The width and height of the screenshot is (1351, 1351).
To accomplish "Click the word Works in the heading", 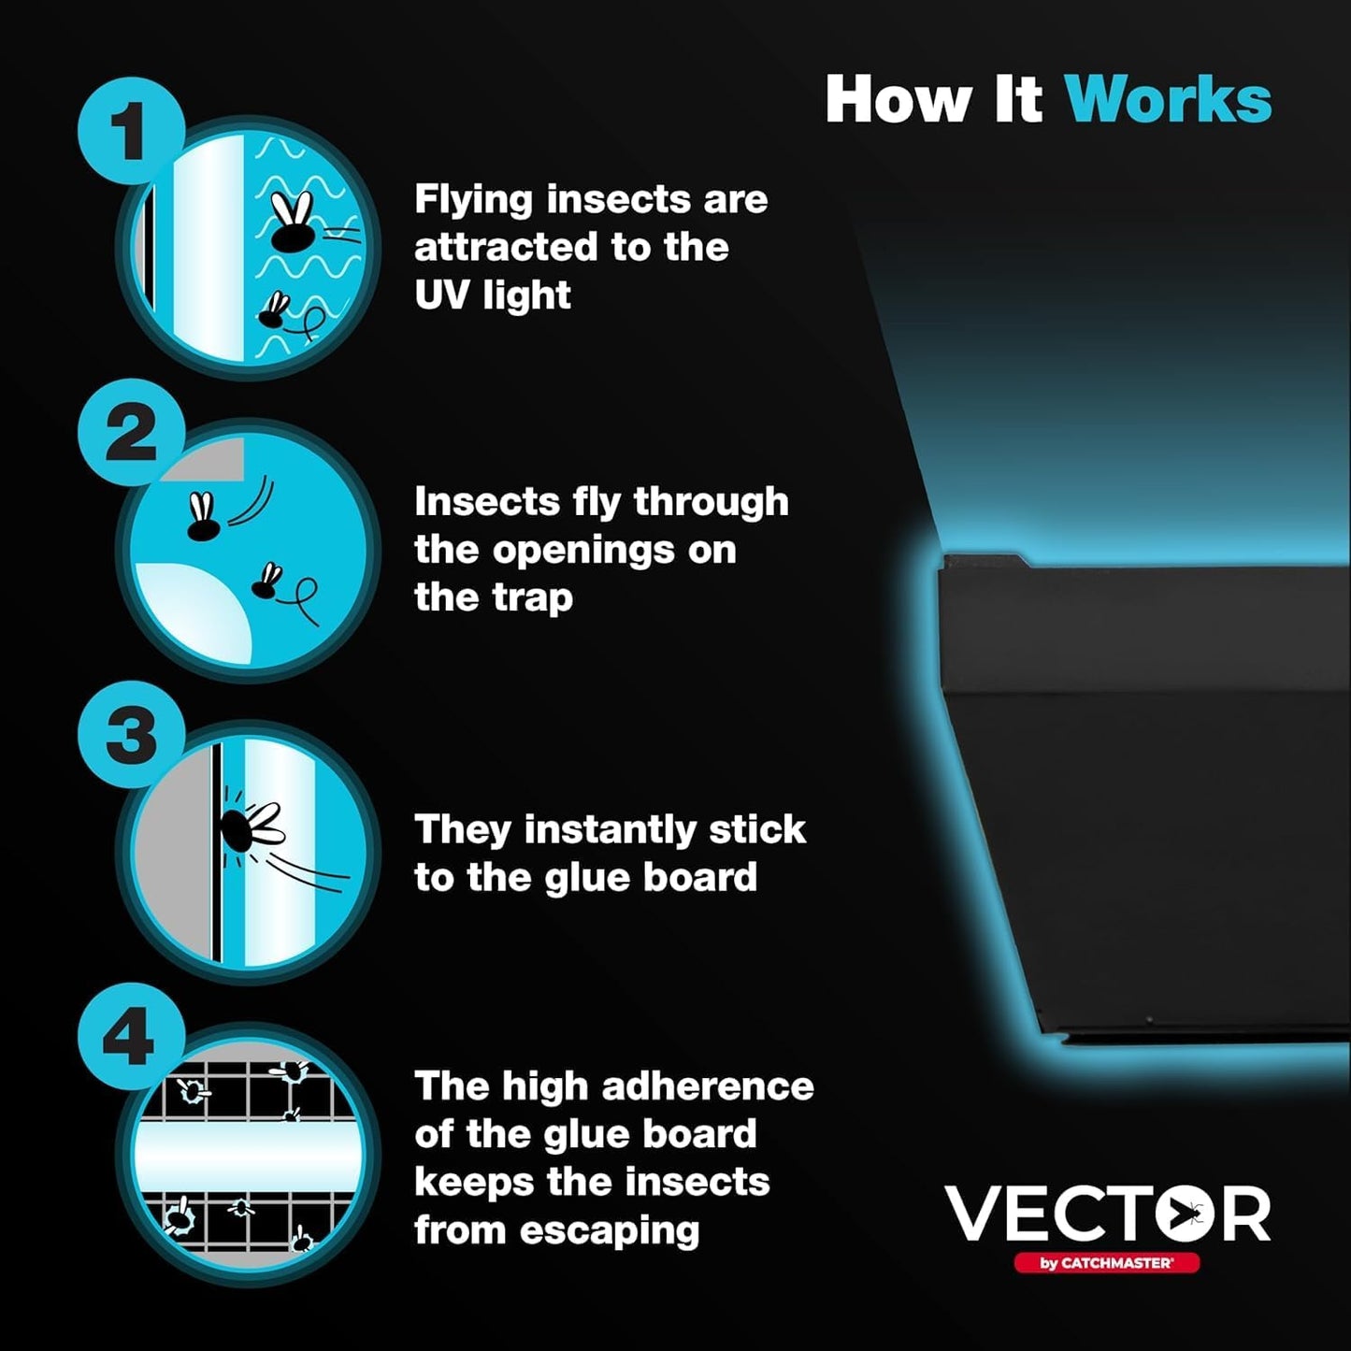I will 1168,99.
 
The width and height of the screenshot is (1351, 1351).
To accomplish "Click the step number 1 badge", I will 130,131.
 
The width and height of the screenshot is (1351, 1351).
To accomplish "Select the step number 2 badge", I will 130,432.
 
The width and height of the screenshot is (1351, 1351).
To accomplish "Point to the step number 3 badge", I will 130,735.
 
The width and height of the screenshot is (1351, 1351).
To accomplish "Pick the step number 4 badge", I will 130,1037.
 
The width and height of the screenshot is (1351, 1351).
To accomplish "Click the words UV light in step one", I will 492,295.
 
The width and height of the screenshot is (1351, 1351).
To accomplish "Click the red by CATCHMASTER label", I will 1106,1263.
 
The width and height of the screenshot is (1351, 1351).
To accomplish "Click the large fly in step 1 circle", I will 293,224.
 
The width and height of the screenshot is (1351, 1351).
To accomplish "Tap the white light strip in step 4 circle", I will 247,1157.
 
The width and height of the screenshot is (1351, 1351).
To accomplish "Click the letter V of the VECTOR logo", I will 975,1214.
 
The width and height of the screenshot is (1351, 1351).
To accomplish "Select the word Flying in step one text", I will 473,199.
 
